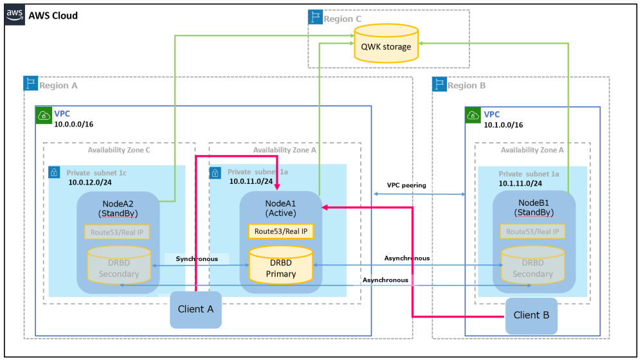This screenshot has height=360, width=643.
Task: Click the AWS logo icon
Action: pos(15,15)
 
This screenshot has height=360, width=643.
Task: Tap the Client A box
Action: pos(196,309)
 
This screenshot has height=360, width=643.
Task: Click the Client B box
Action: pos(531,315)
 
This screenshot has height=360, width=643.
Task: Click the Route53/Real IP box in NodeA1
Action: pos(281,231)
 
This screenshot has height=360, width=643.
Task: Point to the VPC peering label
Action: pos(406,185)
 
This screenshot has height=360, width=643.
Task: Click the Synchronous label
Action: pos(197,258)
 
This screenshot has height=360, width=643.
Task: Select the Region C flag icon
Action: pos(315,18)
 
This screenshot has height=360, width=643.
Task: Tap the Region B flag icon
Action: pos(440,85)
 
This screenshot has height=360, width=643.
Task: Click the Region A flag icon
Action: pos(31,85)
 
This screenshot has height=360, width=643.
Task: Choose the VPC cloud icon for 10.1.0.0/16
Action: pos(473,115)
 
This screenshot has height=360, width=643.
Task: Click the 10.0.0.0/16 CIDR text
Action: pos(74,124)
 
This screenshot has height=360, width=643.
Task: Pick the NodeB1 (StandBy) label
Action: pos(532,207)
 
